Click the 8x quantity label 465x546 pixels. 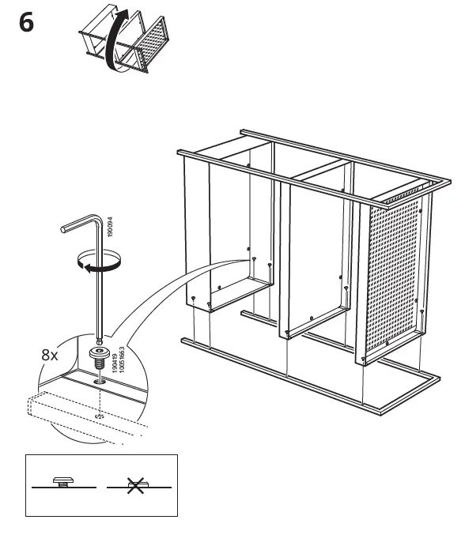[x=50, y=355]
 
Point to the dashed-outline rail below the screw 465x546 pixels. [x=71, y=411]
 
